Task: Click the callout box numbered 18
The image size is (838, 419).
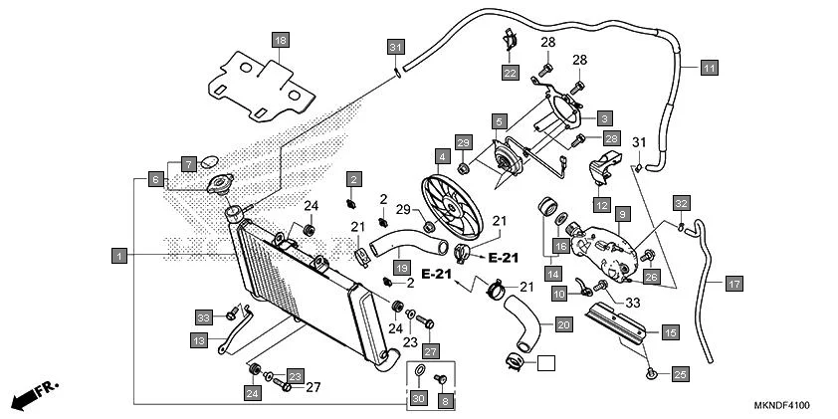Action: click(281, 40)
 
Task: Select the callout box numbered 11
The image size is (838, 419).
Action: click(708, 68)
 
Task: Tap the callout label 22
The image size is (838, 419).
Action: click(510, 73)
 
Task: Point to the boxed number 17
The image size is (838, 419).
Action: click(733, 284)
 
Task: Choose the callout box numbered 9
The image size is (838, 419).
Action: click(620, 214)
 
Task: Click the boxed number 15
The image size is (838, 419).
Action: click(670, 331)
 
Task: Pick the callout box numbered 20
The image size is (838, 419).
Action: click(562, 324)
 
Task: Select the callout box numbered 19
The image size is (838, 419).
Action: click(401, 268)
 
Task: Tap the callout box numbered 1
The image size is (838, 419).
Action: click(119, 256)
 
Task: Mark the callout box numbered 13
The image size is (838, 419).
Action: click(198, 340)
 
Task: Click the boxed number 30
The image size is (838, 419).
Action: click(418, 399)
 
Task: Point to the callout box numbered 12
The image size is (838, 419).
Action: click(601, 205)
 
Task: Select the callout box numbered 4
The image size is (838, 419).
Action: click(441, 156)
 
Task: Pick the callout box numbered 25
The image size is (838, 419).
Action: click(680, 373)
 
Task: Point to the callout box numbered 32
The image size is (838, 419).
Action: click(680, 202)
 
